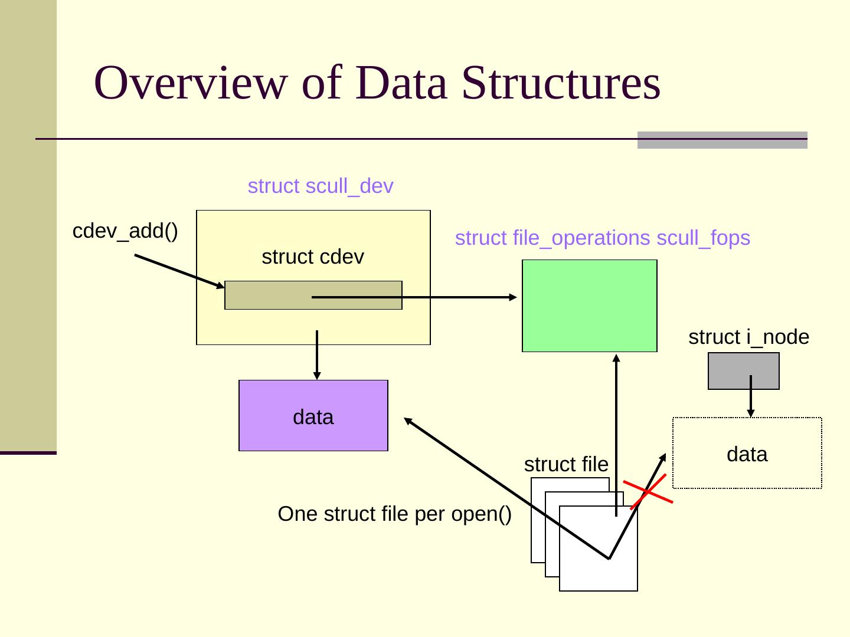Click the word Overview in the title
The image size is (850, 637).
tap(191, 83)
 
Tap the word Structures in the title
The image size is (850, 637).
tap(561, 83)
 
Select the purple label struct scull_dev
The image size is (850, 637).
tap(321, 186)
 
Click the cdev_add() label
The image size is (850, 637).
tap(125, 231)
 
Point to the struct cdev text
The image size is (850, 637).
tap(313, 257)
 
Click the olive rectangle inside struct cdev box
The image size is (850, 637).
tap(313, 295)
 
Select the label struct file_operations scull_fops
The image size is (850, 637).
tap(603, 238)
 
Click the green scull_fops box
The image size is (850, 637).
tap(589, 306)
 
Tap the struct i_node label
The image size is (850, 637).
tap(748, 337)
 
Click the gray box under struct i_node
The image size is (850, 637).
tap(744, 371)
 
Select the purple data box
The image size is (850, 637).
tap(313, 415)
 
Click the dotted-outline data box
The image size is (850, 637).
tap(747, 453)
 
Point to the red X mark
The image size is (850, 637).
tap(648, 491)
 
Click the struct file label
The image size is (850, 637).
tap(566, 464)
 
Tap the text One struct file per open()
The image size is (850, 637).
tap(395, 514)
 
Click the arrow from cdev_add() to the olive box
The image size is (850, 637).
tap(179, 271)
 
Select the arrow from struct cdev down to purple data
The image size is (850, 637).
tap(317, 355)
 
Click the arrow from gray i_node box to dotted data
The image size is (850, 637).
tap(750, 396)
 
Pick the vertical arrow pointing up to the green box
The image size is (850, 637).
tap(616, 435)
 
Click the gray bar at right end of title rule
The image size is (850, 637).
tap(722, 140)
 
